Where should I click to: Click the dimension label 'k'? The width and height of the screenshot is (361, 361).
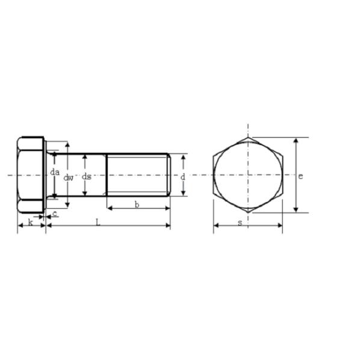click(30, 222)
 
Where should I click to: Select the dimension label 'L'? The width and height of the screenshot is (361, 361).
click(98, 222)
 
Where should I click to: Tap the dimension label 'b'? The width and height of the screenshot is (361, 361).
click(137, 205)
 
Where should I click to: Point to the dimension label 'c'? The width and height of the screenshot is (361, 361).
click(55, 214)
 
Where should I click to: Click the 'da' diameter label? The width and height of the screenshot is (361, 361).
click(55, 172)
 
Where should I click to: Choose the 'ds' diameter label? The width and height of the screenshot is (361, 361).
click(87, 176)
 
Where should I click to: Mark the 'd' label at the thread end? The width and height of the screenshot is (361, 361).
click(182, 177)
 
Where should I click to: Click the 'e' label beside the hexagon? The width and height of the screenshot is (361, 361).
click(300, 176)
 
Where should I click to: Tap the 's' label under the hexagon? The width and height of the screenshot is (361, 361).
click(239, 223)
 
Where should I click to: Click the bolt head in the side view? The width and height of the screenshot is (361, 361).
click(31, 174)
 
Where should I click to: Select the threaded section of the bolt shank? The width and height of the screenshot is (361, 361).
click(137, 174)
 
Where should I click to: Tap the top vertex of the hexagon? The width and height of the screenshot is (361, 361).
click(248, 137)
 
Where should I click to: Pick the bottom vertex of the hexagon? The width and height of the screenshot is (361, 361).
click(248, 212)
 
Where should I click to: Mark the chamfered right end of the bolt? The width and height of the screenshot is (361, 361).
click(169, 174)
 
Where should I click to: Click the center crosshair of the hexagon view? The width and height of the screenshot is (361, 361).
click(248, 175)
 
